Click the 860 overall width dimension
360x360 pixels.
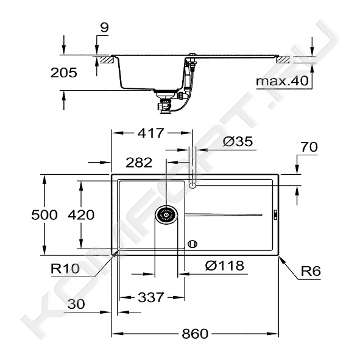[195, 334]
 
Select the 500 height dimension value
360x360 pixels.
[44, 215]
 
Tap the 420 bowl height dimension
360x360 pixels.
[81, 215]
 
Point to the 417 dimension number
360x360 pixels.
[151, 133]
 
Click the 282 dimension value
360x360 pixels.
[139, 163]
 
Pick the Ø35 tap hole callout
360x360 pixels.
[238, 141]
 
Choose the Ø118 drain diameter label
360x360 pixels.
[225, 266]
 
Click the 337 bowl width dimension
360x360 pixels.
[151, 297]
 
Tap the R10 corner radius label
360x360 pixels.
[65, 269]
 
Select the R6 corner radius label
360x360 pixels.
[311, 271]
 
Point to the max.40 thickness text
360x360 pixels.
[282, 81]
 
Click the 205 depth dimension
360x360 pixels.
[63, 72]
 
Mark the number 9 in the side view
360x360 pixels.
[104, 28]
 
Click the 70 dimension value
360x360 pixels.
[309, 147]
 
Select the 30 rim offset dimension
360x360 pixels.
[76, 304]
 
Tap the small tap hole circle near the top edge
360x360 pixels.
[192, 185]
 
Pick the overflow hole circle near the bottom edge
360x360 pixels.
[192, 244]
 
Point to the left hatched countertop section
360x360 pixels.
[106, 60]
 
